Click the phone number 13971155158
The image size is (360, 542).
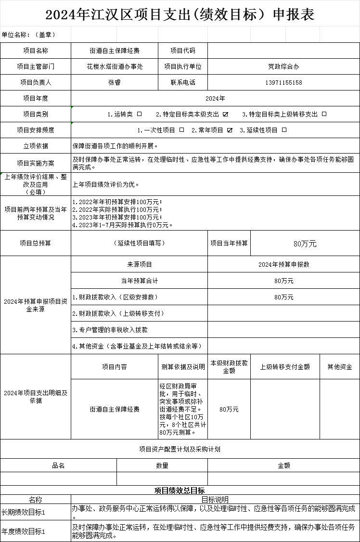283,82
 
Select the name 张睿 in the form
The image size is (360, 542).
115,82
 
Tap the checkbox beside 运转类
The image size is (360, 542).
140,114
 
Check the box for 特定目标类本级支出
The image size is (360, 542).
225,114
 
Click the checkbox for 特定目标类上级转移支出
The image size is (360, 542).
324,114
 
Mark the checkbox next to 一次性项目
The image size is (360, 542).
181,130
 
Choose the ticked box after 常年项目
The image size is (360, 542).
230,130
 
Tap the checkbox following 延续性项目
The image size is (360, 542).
284,130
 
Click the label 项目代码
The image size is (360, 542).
183,51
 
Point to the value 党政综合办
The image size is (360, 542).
283,66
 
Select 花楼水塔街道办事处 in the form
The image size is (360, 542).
115,66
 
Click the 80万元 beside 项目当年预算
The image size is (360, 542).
305,244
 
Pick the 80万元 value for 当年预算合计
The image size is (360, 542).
283,281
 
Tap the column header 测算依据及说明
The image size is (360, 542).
183,367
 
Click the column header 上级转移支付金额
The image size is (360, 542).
285,367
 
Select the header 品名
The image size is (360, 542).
58,465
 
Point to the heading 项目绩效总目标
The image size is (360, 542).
180,490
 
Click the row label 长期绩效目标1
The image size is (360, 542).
24,512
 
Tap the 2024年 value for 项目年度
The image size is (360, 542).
215,98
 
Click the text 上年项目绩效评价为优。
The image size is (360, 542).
106,184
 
